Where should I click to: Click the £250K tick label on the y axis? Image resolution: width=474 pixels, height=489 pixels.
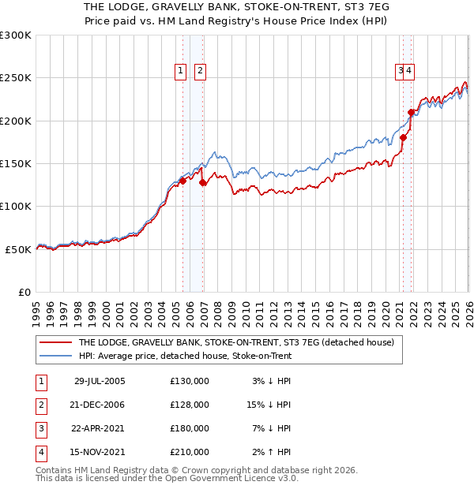pyautogui.click(x=16, y=78)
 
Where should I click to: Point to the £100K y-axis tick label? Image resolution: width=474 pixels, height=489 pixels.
pyautogui.click(x=16, y=206)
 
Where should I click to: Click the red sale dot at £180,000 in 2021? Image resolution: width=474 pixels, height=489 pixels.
pyautogui.click(x=403, y=137)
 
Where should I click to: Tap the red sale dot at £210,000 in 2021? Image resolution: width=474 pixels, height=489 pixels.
pyautogui.click(x=411, y=112)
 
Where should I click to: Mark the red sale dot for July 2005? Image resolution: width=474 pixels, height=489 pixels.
pyautogui.click(x=182, y=181)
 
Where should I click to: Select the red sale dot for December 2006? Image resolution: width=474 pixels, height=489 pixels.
pyautogui.click(x=203, y=182)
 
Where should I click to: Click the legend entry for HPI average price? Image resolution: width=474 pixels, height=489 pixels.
pyautogui.click(x=185, y=356)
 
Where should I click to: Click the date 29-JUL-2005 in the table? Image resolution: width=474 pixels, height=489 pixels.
pyautogui.click(x=99, y=381)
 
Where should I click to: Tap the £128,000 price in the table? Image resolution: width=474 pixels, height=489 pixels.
pyautogui.click(x=190, y=405)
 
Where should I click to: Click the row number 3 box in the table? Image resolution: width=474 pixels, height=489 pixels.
pyautogui.click(x=40, y=428)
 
